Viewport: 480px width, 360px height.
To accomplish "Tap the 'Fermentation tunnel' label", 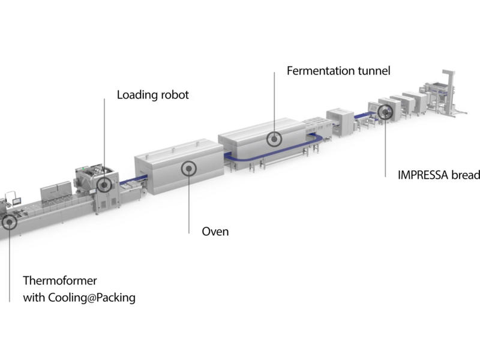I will tap(338, 71).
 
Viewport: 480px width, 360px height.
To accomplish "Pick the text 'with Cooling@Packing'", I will tap(79, 297).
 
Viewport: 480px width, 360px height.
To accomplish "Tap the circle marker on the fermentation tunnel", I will tap(274, 139).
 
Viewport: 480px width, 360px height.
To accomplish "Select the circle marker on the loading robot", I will tap(104, 185).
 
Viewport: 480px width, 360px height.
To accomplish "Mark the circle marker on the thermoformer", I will tap(10, 223).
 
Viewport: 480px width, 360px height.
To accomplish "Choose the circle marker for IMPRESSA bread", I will tap(385, 112).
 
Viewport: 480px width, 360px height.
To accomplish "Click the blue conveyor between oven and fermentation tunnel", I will tap(232, 157).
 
